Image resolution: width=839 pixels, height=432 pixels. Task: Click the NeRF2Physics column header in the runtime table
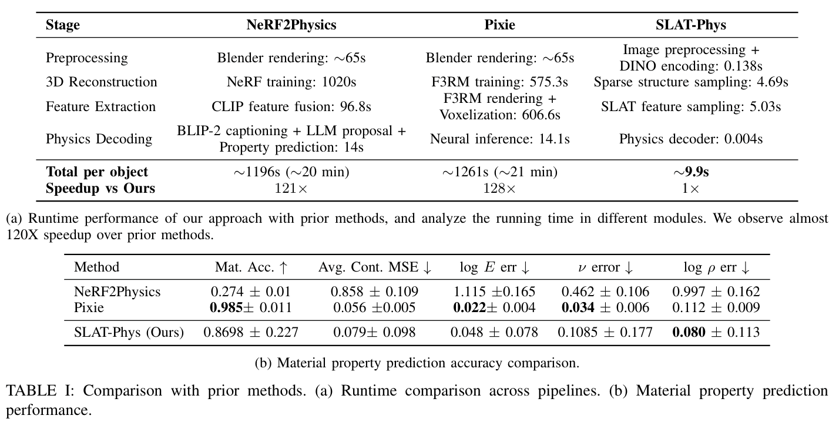pyautogui.click(x=291, y=25)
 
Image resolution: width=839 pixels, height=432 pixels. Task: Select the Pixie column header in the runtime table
pyautogui.click(x=499, y=25)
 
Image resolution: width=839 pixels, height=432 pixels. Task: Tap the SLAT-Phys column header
pyautogui.click(x=690, y=25)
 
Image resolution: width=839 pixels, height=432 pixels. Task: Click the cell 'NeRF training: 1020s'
pyautogui.click(x=291, y=82)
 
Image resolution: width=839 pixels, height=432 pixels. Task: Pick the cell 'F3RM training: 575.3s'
pyautogui.click(x=499, y=82)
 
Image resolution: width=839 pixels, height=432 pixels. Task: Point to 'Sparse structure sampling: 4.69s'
pyautogui.click(x=690, y=82)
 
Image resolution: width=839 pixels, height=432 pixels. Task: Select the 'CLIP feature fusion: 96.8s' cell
pyautogui.click(x=291, y=106)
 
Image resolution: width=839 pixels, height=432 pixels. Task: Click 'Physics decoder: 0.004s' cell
pyautogui.click(x=690, y=139)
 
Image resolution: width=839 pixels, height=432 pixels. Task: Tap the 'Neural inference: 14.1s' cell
pyautogui.click(x=499, y=139)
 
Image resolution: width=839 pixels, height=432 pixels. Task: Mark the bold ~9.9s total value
pyautogui.click(x=691, y=172)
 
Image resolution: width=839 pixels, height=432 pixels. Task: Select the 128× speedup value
pyautogui.click(x=499, y=188)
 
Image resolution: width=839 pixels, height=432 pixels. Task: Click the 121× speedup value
pyautogui.click(x=291, y=188)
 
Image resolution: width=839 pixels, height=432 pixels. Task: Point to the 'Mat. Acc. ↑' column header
pyautogui.click(x=251, y=267)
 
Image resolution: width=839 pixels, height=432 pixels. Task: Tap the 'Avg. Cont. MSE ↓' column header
pyautogui.click(x=375, y=267)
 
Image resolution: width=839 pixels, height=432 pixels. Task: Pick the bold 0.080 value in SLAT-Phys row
pyautogui.click(x=688, y=333)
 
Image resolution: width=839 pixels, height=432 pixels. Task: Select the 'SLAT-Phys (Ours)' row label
pyautogui.click(x=129, y=333)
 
